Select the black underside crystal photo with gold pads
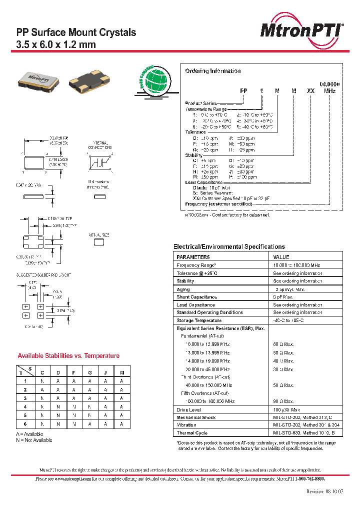click(89, 80)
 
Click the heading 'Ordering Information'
click(212, 71)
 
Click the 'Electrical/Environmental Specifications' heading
click(229, 246)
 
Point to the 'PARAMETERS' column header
click(193, 256)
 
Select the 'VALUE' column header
click(281, 256)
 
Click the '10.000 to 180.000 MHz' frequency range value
click(296, 265)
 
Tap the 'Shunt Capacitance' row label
click(196, 297)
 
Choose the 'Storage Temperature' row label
click(198, 320)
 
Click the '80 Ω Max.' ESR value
click(283, 344)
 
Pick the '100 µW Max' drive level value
click(286, 409)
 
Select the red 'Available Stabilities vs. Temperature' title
click(68, 356)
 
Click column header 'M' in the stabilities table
click(121, 372)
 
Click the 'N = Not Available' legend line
click(34, 440)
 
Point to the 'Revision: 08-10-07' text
click(324, 491)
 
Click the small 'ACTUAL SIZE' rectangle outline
click(99, 242)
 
